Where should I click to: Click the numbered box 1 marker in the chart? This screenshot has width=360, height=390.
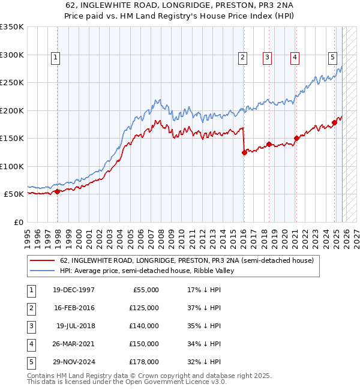55,58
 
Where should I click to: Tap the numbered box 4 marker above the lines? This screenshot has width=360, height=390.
295,58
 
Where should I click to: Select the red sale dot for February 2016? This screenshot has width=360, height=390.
244,152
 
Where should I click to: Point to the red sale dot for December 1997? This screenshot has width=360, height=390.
58,191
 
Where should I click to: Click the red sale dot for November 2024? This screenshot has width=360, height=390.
334,123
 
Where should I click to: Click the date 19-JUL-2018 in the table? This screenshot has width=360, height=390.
75,325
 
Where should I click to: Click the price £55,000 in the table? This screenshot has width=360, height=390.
145,289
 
